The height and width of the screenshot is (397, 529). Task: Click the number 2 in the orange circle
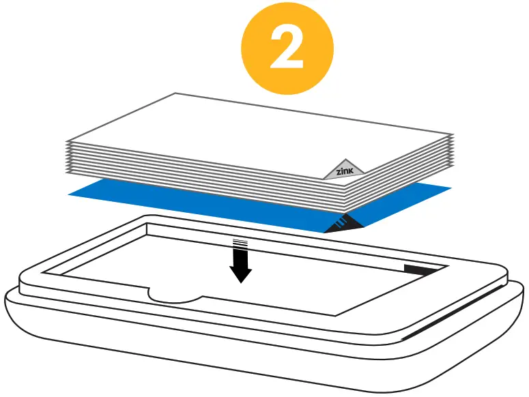pyautogui.click(x=287, y=48)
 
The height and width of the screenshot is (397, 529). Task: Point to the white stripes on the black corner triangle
pyautogui.click(x=343, y=220)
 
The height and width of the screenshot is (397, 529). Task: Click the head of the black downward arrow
pyautogui.click(x=240, y=274)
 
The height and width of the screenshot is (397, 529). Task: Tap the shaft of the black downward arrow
pyautogui.click(x=240, y=257)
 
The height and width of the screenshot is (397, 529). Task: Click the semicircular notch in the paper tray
pyautogui.click(x=175, y=294)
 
